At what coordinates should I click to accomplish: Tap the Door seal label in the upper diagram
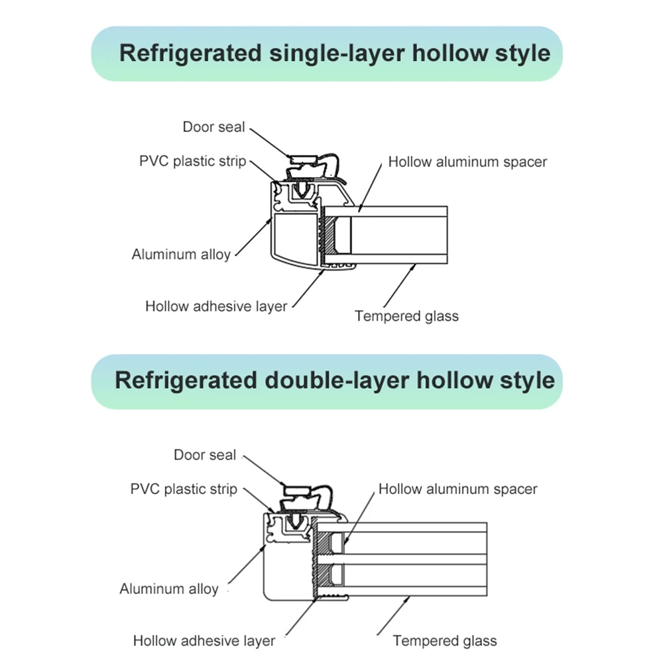pyautogui.click(x=213, y=127)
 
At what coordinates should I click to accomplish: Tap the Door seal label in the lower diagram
pyautogui.click(x=204, y=455)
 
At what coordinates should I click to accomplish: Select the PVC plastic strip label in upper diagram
pyautogui.click(x=192, y=161)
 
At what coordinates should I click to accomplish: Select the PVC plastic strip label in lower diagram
pyautogui.click(x=183, y=489)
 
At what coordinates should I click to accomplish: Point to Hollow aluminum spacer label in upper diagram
pyautogui.click(x=467, y=161)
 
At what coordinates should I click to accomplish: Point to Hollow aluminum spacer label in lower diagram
pyautogui.click(x=457, y=489)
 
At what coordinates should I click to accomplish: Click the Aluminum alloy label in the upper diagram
pyautogui.click(x=180, y=254)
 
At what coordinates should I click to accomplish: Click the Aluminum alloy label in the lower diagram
pyautogui.click(x=168, y=589)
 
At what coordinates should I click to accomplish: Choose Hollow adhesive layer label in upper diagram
pyautogui.click(x=216, y=306)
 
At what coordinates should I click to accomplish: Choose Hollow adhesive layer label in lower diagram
pyautogui.click(x=204, y=641)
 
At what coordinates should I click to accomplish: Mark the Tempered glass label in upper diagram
pyautogui.click(x=406, y=316)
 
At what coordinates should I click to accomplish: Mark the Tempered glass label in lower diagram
pyautogui.click(x=444, y=641)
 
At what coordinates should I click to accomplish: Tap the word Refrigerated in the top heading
pyautogui.click(x=190, y=54)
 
